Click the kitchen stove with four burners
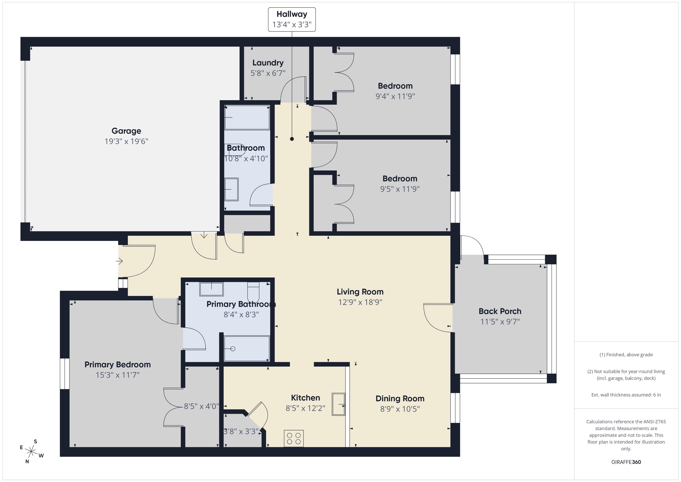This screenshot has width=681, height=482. (x=294, y=438)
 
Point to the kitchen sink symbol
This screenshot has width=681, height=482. (x=338, y=404)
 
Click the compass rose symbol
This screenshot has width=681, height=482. (x=31, y=452)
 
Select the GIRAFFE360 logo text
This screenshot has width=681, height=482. (x=626, y=462)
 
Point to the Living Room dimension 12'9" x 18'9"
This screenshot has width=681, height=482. (x=360, y=302)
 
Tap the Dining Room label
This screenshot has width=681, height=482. (x=400, y=398)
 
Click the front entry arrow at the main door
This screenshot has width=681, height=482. (x=119, y=261)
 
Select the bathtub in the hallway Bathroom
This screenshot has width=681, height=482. (x=247, y=118)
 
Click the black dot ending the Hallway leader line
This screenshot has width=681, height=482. (x=292, y=139)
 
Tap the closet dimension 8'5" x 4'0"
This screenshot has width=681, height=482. (x=201, y=406)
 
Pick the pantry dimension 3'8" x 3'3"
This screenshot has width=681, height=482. (x=241, y=431)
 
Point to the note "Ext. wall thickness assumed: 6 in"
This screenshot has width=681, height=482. (x=626, y=395)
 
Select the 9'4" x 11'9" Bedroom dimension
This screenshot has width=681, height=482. (x=395, y=96)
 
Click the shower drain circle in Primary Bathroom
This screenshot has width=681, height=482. (x=233, y=349)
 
